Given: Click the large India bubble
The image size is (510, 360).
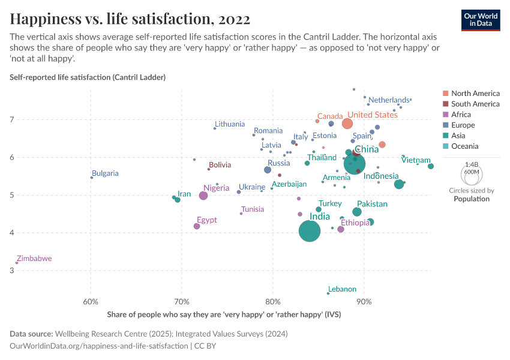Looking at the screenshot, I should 310,231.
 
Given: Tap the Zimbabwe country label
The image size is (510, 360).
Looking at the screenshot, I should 34,259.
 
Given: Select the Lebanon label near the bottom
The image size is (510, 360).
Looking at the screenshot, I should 342,289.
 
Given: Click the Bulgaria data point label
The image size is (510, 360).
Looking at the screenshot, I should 105,173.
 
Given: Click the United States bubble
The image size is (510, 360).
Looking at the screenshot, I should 347,124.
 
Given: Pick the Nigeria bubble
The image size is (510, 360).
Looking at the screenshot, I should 203,196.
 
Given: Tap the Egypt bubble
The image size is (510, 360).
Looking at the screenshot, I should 197,226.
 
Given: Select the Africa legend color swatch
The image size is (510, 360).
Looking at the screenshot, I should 446,115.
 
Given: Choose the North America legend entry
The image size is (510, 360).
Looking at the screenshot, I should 475,94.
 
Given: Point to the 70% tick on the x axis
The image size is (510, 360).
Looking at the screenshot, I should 182,302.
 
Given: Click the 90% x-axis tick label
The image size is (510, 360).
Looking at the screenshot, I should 364,302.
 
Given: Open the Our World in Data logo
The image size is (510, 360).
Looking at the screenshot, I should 481,19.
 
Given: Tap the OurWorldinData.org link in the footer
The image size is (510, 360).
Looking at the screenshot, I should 99,346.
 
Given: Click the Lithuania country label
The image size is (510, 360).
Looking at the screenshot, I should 230,124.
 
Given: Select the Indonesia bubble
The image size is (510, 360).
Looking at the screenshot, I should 399,184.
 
